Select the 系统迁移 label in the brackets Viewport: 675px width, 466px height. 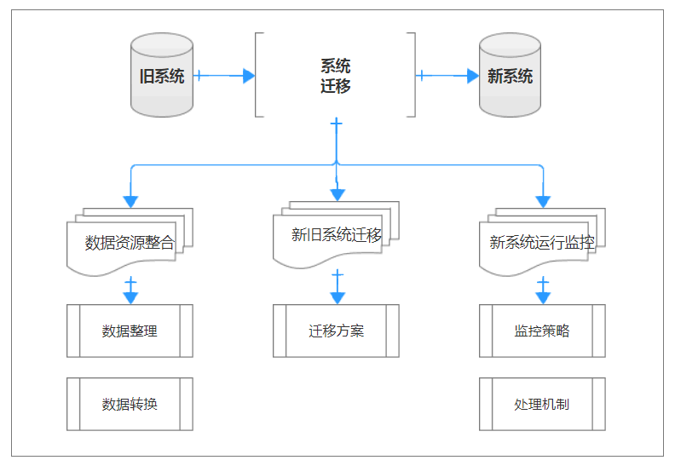click(335, 76)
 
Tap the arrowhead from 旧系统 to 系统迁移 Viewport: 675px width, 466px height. click(248, 76)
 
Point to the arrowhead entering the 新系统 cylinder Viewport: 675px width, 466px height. click(472, 76)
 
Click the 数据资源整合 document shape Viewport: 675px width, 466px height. click(130, 242)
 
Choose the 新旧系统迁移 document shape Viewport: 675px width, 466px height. click(336, 235)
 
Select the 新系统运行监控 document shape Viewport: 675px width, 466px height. click(542, 242)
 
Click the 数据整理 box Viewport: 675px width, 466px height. click(130, 331)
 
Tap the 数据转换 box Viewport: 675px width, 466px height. click(130, 404)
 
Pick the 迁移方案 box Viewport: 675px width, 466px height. click(336, 331)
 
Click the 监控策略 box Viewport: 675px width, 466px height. click(542, 331)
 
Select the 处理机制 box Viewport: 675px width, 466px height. click(542, 404)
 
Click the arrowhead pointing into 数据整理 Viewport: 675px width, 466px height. click(130, 298)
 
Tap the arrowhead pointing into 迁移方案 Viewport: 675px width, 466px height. click(337, 298)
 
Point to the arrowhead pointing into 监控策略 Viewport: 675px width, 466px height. click(543, 298)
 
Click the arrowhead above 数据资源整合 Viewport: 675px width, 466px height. click(130, 202)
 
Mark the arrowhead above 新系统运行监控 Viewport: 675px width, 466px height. click(543, 202)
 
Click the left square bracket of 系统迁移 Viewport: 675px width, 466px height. click(258, 75)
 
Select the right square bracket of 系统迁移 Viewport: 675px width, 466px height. click(412, 75)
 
